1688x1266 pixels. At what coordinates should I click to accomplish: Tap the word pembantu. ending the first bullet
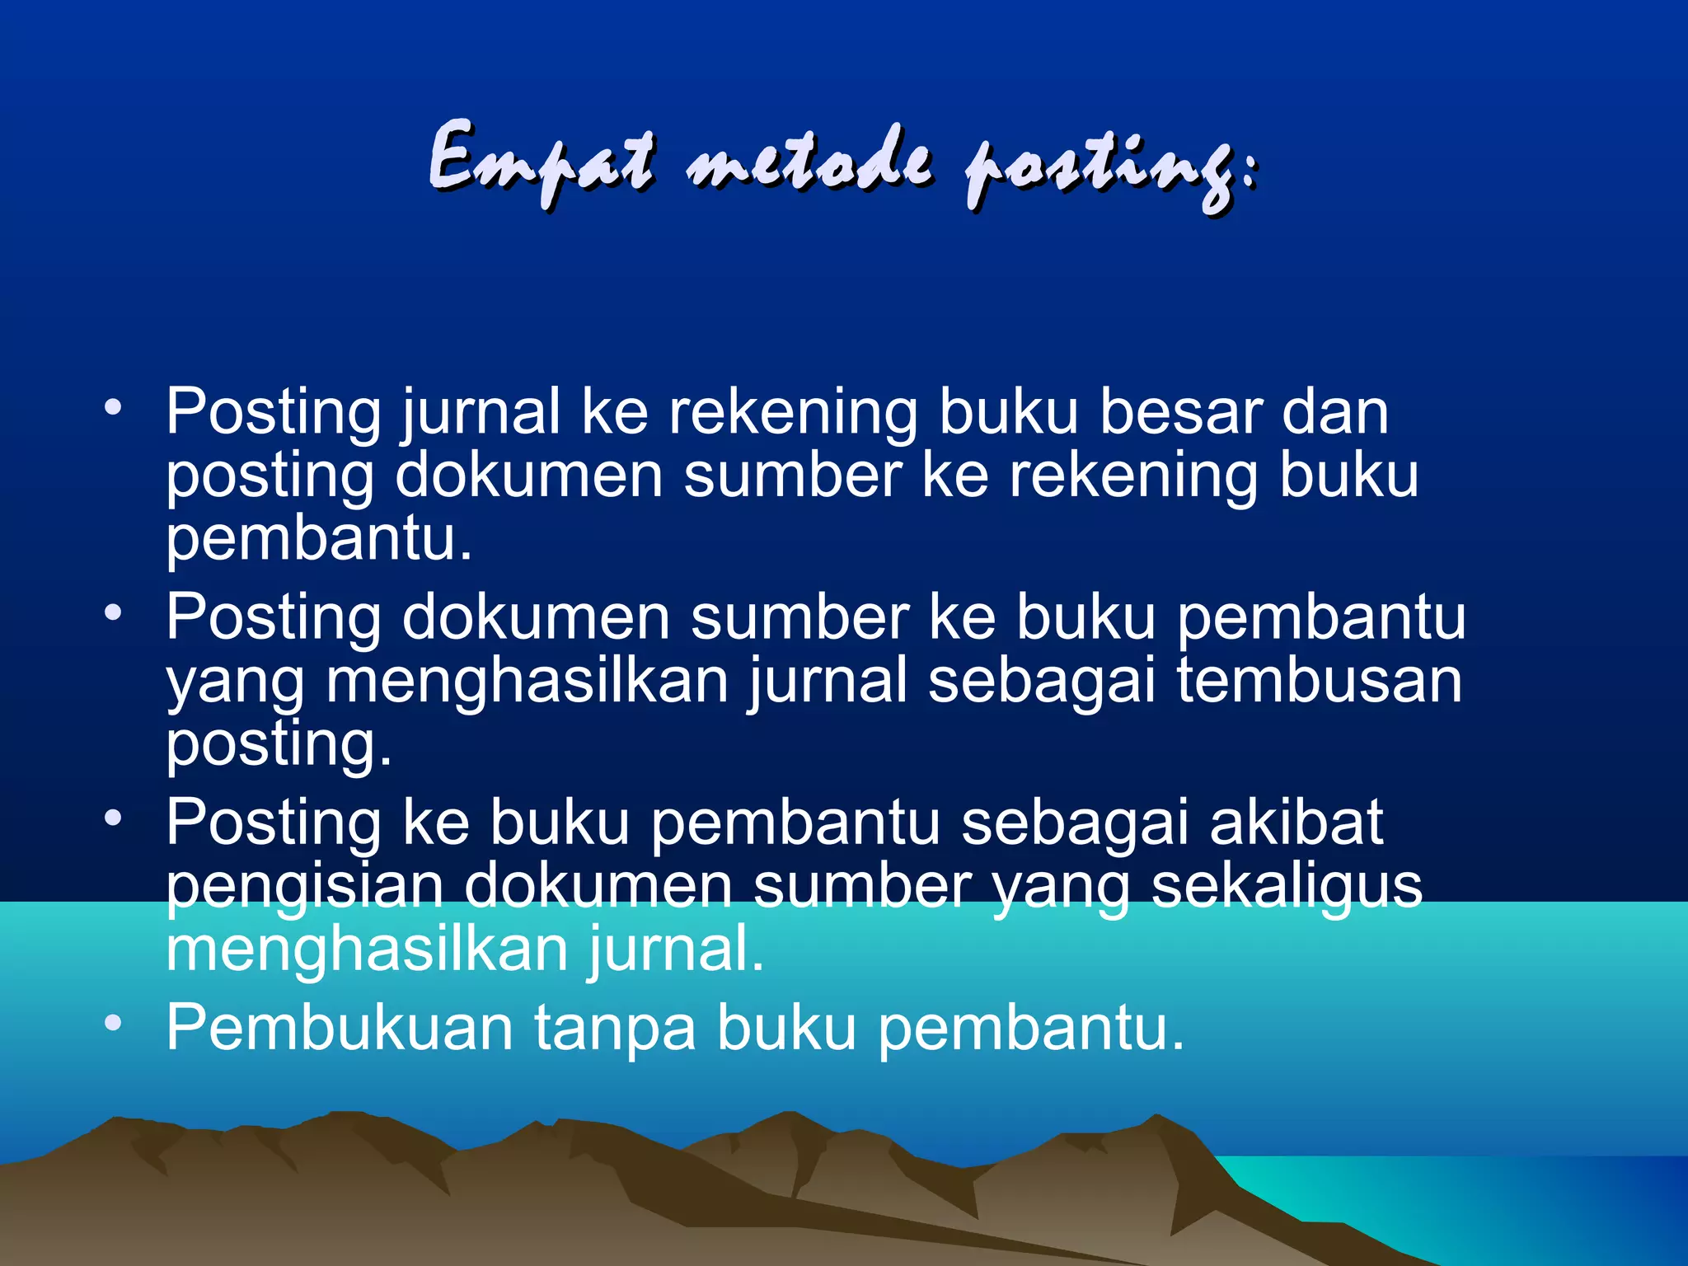(320, 540)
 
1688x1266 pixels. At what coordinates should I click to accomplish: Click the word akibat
(1296, 823)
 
